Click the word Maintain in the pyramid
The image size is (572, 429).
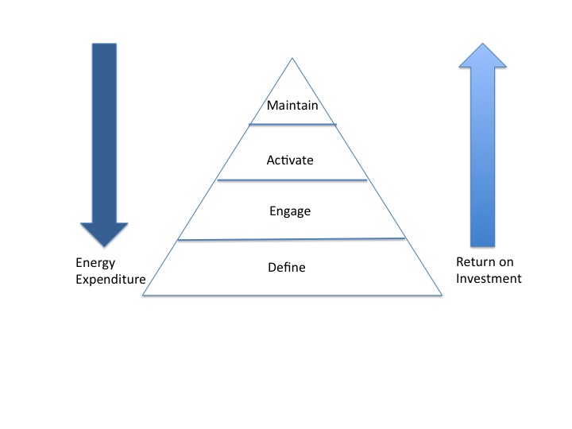(x=292, y=106)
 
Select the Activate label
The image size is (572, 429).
(x=290, y=160)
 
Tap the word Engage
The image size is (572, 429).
(x=290, y=211)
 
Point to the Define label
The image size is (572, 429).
(x=287, y=268)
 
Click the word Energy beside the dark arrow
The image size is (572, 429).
(x=95, y=264)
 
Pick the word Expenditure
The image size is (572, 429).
(x=110, y=280)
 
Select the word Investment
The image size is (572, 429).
(x=489, y=279)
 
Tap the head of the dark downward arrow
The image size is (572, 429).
(x=104, y=234)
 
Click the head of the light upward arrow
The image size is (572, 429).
(x=483, y=56)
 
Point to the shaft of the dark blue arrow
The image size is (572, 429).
(x=104, y=133)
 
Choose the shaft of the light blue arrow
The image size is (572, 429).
(x=483, y=157)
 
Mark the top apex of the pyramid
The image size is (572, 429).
(x=292, y=58)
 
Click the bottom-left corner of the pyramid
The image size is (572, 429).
(x=143, y=295)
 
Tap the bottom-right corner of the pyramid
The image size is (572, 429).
(x=442, y=295)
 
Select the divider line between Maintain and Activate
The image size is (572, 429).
(x=292, y=125)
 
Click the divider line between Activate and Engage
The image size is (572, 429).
(x=292, y=180)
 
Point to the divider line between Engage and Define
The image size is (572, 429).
(x=292, y=239)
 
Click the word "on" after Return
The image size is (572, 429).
(x=506, y=262)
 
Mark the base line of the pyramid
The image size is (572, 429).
(x=292, y=295)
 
